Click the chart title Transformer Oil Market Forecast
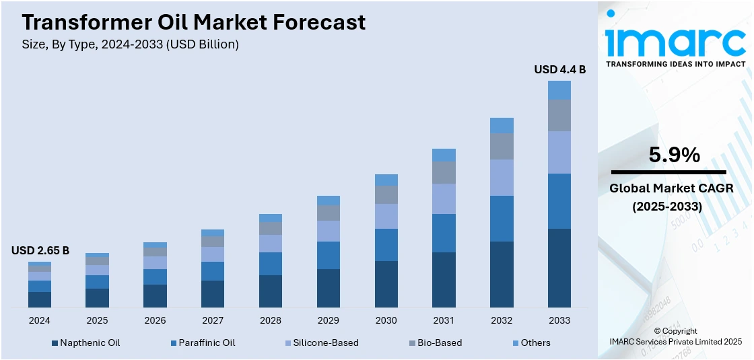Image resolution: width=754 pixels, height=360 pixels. (194, 22)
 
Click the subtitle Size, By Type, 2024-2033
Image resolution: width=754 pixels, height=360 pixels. (131, 44)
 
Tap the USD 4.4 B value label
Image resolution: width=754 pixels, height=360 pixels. (559, 69)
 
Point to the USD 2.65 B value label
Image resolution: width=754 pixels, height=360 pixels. (40, 250)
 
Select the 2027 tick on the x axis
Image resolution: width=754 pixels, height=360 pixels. (213, 320)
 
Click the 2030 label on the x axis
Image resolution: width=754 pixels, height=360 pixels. (386, 320)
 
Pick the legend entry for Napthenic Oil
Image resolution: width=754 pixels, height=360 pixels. (86, 343)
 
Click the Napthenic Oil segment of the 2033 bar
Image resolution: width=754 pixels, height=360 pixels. (559, 268)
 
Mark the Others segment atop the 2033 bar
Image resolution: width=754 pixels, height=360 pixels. (559, 90)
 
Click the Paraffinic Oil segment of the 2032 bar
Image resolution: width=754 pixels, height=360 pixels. (502, 219)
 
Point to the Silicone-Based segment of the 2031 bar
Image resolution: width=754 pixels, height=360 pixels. (444, 199)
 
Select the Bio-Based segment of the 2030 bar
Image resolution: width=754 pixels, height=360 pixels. (386, 194)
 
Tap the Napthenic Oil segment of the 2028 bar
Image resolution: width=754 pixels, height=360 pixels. (271, 291)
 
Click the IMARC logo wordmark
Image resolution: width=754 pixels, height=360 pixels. (675, 42)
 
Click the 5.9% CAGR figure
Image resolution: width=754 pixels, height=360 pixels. (675, 155)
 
